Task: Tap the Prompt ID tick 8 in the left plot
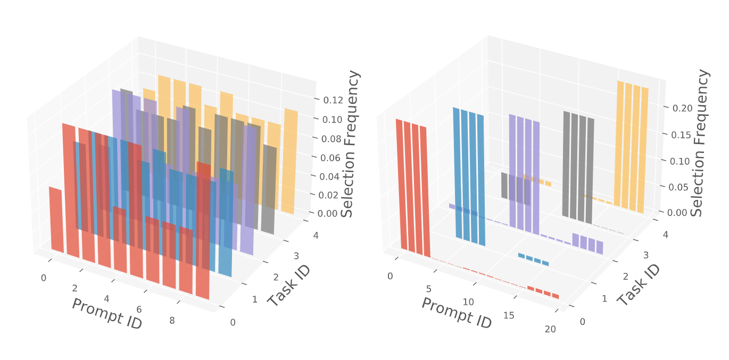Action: [171, 321]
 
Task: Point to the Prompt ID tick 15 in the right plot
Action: [508, 315]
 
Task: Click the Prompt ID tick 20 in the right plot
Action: [550, 329]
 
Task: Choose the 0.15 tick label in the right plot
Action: [680, 135]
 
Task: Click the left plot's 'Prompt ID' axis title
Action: [106, 313]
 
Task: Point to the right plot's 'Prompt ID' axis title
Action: [456, 313]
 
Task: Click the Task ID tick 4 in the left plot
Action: [316, 236]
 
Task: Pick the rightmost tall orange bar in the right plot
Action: [645, 149]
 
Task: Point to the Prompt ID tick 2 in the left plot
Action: [74, 288]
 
